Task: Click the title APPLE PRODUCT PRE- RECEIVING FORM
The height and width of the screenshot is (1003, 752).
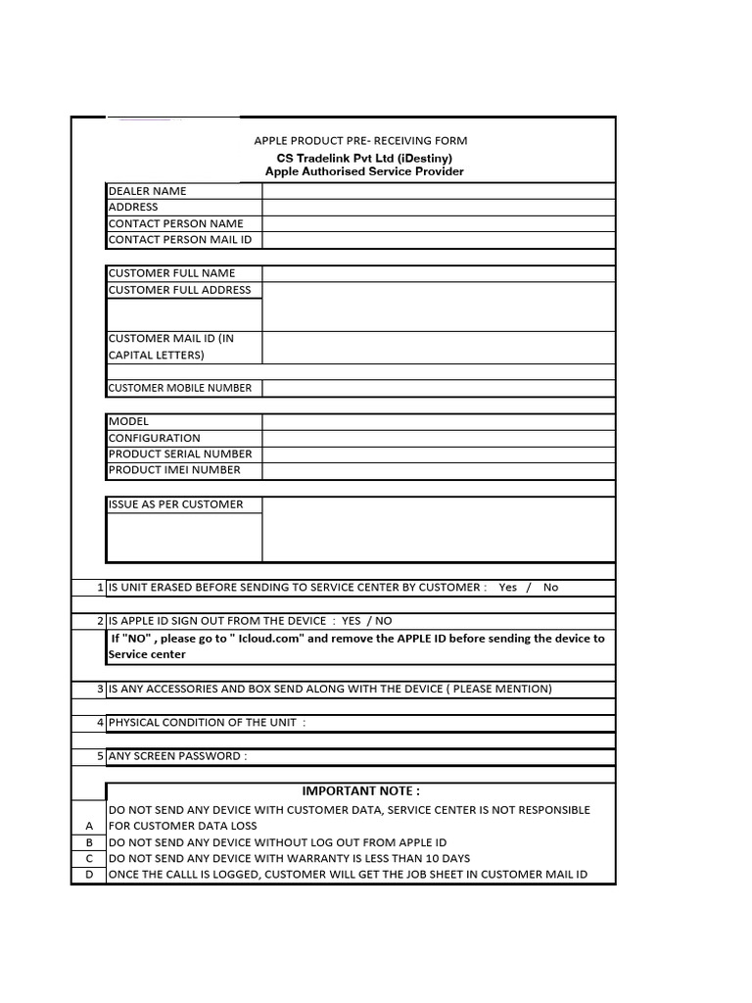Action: [360, 141]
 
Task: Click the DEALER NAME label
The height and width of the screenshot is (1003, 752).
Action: [147, 191]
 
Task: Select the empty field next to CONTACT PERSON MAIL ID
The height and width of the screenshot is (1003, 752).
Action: [439, 240]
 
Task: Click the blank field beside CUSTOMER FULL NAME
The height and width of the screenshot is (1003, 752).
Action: [439, 273]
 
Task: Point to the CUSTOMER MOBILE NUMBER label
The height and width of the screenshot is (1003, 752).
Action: [180, 388]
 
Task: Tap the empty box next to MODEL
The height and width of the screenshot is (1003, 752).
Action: [439, 422]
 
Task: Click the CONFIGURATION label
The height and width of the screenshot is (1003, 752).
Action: [154, 438]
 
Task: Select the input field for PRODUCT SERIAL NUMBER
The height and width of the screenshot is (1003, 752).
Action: [439, 454]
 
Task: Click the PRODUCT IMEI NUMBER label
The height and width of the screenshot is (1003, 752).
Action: [174, 470]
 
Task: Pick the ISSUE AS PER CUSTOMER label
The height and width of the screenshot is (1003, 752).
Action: [175, 504]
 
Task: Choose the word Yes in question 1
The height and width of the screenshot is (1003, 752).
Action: [507, 588]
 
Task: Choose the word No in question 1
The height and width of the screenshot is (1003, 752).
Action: [550, 588]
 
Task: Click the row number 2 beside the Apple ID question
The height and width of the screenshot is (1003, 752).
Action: [100, 621]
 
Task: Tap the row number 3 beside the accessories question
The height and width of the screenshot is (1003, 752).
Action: [100, 690]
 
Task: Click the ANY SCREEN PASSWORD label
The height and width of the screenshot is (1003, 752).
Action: [177, 756]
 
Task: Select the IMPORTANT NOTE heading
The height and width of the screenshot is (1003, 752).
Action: [360, 791]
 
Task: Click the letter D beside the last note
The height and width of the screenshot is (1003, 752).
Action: [89, 875]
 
